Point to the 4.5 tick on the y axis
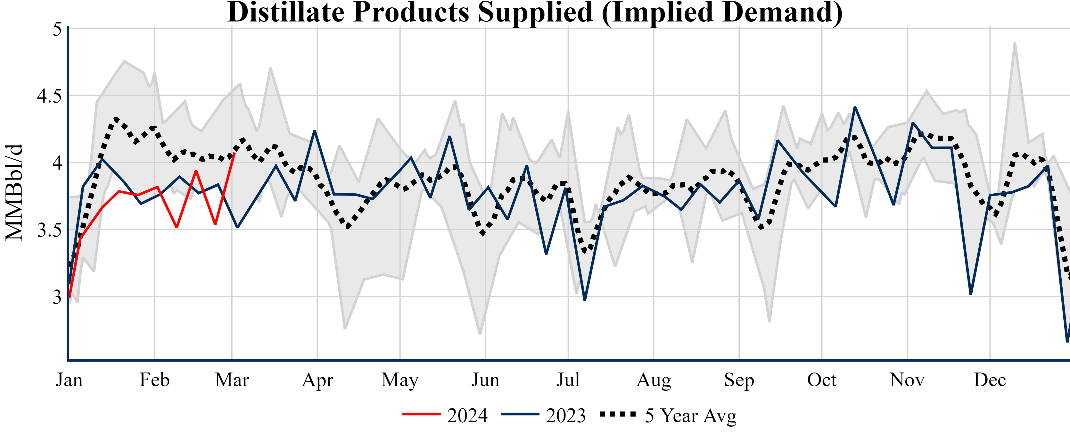pyautogui.click(x=49, y=96)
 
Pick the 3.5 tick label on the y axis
pyautogui.click(x=49, y=230)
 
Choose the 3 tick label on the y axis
pyautogui.click(x=57, y=297)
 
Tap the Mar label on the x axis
pyautogui.click(x=232, y=380)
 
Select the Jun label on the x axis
pyautogui.click(x=485, y=380)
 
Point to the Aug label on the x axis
pyautogui.click(x=654, y=380)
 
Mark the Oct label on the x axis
pyautogui.click(x=822, y=380)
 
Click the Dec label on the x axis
pyautogui.click(x=990, y=380)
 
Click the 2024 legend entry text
pyautogui.click(x=467, y=415)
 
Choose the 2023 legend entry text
pyautogui.click(x=566, y=415)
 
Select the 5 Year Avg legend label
pyautogui.click(x=690, y=415)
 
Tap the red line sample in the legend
pyautogui.click(x=421, y=414)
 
